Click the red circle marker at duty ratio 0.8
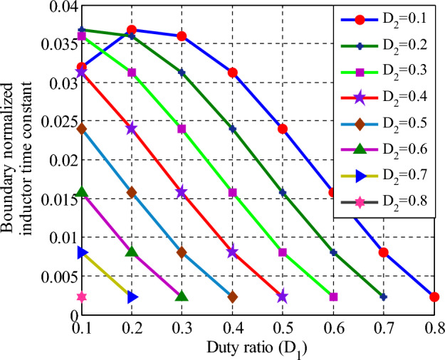click(x=434, y=297)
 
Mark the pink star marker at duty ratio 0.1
click(x=82, y=297)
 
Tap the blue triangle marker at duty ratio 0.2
click(x=132, y=297)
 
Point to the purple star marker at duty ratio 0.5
click(x=283, y=297)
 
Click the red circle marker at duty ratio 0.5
click(x=283, y=129)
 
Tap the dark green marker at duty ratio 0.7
click(x=384, y=297)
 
